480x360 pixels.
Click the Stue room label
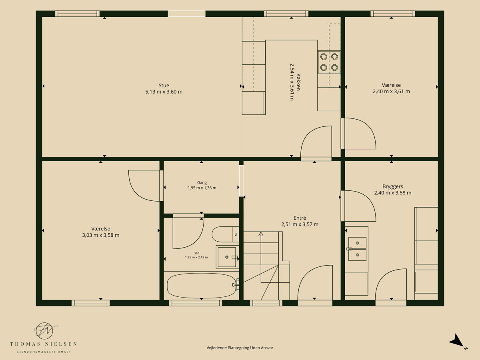[x=164, y=86]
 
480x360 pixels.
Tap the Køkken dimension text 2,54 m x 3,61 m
[x=292, y=82]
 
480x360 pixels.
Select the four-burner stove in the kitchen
[x=329, y=62]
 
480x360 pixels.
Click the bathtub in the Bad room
[x=202, y=286]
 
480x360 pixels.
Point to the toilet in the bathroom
[x=225, y=234]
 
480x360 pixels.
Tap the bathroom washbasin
[x=227, y=257]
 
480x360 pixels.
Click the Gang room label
[x=202, y=182]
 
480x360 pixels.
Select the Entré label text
[x=300, y=218]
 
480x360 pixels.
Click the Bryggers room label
[x=393, y=186]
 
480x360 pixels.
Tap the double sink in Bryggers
[x=357, y=249]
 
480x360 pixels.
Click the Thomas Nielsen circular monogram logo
[x=45, y=330]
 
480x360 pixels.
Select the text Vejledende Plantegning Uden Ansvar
[x=240, y=348]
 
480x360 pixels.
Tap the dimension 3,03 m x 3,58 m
[x=101, y=235]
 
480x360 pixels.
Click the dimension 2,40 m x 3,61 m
[x=392, y=91]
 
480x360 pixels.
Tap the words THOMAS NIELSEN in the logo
[x=43, y=344]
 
